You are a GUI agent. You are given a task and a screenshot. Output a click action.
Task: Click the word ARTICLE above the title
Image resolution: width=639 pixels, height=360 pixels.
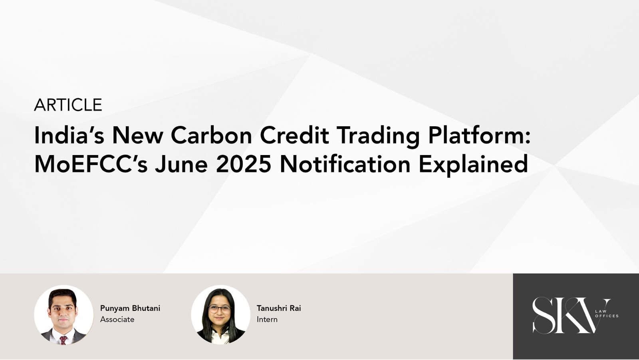tap(68, 105)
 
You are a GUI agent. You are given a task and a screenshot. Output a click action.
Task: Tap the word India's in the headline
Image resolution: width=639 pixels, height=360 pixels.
tap(69, 135)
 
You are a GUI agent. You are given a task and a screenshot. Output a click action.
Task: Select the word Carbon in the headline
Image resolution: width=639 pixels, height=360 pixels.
tap(211, 135)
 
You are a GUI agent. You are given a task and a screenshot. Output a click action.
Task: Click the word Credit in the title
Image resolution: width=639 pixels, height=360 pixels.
tap(294, 135)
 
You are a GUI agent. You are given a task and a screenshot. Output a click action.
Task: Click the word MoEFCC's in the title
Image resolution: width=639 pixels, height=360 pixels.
tap(91, 164)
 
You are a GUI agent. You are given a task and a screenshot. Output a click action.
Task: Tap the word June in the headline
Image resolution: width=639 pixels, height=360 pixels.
tap(181, 164)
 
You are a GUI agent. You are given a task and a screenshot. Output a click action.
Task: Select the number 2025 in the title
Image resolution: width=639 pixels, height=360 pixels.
tap(243, 164)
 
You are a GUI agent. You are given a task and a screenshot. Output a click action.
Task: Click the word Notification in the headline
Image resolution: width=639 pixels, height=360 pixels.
tap(345, 164)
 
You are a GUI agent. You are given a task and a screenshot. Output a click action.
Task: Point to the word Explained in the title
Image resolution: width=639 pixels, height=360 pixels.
tap(473, 165)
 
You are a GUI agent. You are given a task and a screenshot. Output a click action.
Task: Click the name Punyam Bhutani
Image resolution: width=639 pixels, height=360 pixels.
tap(130, 308)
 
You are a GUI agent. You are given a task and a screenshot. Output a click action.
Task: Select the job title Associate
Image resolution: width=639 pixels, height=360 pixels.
tap(117, 320)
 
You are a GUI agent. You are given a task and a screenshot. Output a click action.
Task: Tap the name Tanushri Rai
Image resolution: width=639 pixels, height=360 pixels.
tap(279, 308)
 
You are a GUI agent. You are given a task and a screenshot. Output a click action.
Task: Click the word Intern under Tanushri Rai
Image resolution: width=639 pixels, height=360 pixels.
tap(267, 320)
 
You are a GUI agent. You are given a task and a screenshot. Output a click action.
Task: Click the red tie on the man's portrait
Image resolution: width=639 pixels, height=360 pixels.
tap(64, 340)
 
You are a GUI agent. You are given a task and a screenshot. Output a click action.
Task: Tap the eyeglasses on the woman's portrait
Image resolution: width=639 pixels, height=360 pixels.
tap(220, 309)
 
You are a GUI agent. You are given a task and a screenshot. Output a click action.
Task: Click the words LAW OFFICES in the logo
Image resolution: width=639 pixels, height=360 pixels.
tap(607, 314)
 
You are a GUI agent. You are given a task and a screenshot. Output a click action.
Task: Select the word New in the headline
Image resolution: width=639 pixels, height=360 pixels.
tap(138, 135)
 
